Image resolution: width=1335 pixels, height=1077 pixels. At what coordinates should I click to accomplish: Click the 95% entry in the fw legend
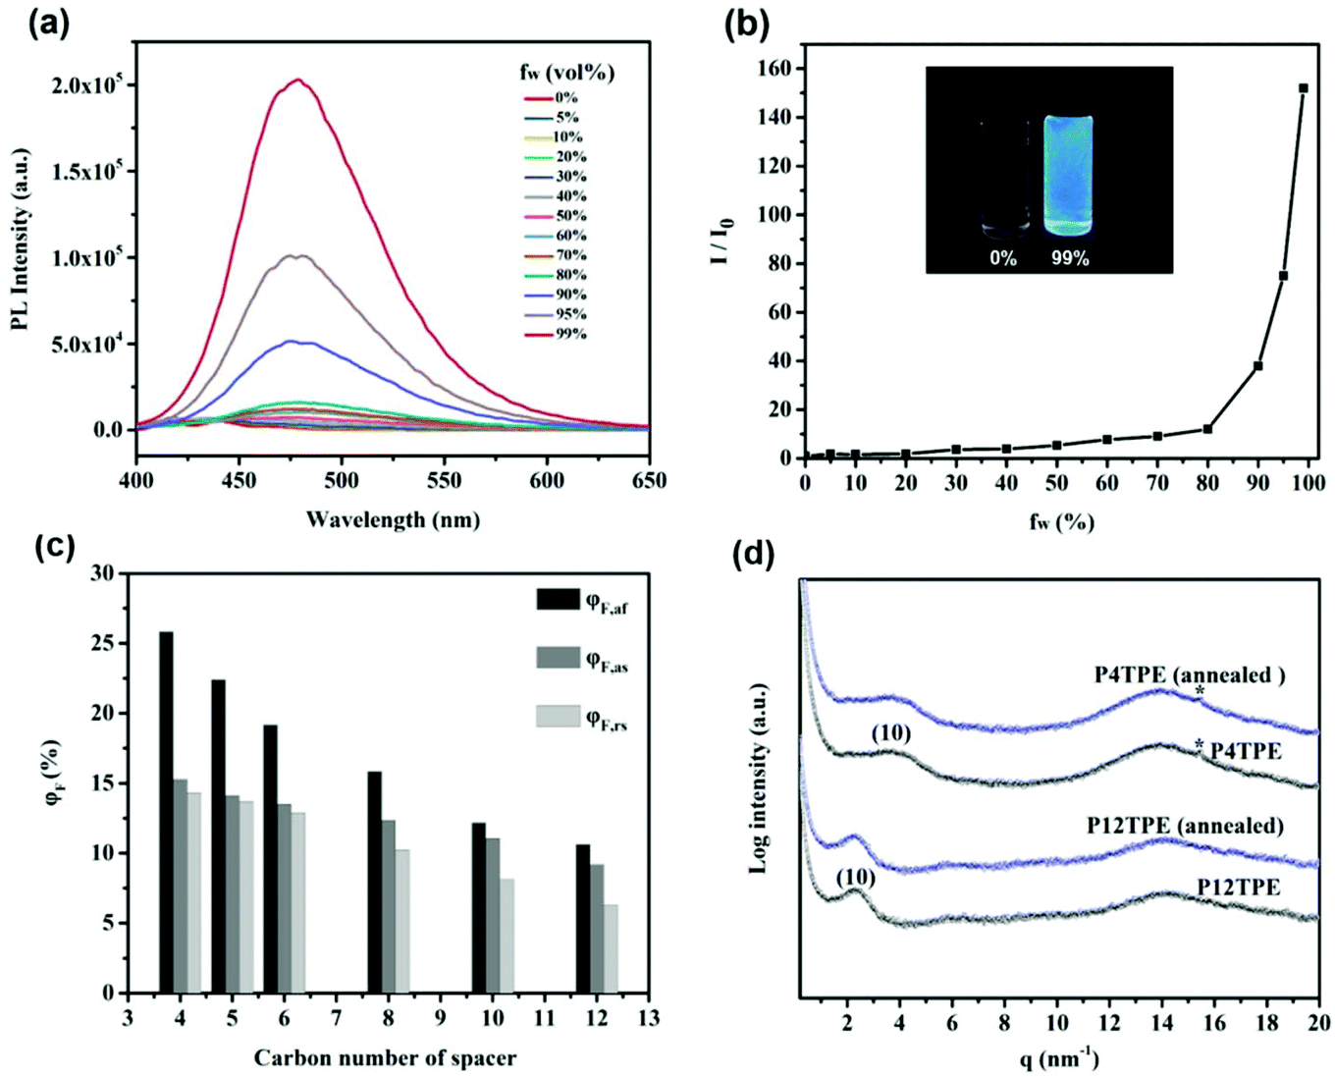[x=571, y=314]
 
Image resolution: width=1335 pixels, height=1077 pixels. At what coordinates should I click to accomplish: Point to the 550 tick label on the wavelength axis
[x=444, y=481]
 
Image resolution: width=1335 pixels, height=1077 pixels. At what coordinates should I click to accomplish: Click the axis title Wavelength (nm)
[x=393, y=519]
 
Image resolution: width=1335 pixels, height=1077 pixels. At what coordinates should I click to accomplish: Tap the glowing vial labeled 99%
[x=1067, y=176]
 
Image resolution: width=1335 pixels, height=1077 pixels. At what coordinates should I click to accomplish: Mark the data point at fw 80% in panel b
[x=1207, y=429]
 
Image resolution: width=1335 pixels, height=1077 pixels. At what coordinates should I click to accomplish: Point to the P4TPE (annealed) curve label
[x=1189, y=675]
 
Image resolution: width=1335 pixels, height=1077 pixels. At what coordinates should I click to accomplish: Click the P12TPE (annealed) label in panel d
[x=1184, y=826]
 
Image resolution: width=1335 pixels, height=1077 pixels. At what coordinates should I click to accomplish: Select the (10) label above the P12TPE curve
[x=855, y=878]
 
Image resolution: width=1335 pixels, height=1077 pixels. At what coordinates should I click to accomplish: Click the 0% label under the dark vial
[x=1003, y=259]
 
